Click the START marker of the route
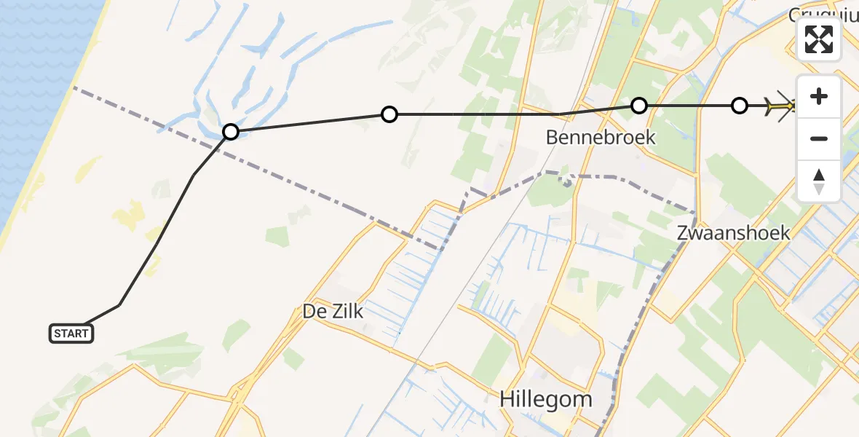tap(71, 334)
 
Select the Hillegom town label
tap(546, 399)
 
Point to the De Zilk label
tap(333, 312)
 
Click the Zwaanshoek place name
tap(733, 233)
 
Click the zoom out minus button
tap(819, 138)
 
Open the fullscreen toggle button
tap(819, 40)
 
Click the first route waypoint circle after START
tap(231, 132)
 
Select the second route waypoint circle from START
tap(389, 114)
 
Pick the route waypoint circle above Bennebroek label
tap(638, 106)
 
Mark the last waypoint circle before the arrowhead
tap(739, 106)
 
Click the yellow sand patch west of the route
tap(125, 218)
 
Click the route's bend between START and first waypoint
tap(193, 176)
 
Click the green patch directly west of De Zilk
tap(235, 333)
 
